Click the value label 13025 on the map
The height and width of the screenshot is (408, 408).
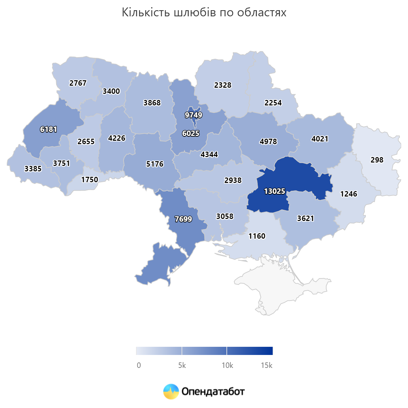click(275, 191)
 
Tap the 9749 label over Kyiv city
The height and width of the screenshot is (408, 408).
click(193, 115)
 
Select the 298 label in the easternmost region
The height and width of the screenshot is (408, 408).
click(377, 160)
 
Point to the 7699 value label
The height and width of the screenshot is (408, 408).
click(183, 219)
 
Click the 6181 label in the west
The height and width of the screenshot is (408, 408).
click(49, 130)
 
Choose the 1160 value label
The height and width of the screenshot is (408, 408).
click(257, 236)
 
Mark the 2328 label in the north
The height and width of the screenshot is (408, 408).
click(223, 85)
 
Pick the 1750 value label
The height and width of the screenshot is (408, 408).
click(89, 180)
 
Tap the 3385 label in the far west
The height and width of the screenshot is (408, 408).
click(33, 169)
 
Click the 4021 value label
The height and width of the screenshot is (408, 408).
click(320, 139)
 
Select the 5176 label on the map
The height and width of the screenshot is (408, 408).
click(155, 164)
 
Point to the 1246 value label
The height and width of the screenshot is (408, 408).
click(349, 194)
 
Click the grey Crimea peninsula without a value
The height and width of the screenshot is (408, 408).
click(279, 292)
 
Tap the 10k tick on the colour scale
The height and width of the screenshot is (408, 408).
click(227, 365)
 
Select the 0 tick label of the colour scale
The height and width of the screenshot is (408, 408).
click(139, 365)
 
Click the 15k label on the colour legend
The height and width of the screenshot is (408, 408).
click(267, 365)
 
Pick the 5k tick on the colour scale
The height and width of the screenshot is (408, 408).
click(182, 365)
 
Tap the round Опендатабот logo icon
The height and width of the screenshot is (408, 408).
click(171, 392)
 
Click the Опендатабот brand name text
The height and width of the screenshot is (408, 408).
click(213, 392)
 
